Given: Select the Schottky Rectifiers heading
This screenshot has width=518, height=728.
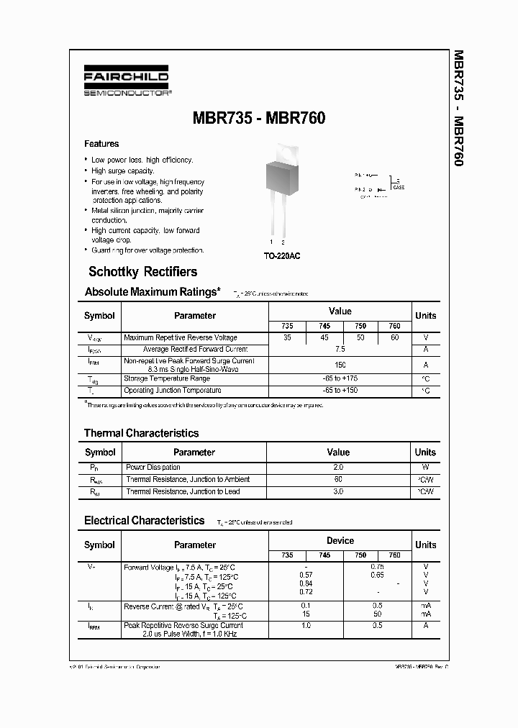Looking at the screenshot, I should pos(142,272).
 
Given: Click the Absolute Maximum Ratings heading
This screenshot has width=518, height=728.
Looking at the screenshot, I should pos(152,292).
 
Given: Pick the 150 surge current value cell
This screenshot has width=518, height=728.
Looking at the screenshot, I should pos(340,365).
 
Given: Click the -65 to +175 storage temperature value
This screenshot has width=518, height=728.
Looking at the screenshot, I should pos(340,378).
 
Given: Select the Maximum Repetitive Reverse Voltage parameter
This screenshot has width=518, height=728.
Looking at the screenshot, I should pos(180,337).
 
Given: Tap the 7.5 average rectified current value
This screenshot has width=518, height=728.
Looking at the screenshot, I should pos(340,349).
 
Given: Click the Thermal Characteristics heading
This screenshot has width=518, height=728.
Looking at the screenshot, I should pos(141,433).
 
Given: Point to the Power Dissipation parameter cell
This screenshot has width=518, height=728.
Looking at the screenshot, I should pos(153,468).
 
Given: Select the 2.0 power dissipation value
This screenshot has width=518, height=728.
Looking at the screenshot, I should pos(338,468).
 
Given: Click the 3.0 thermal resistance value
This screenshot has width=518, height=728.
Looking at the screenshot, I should pos(338,492).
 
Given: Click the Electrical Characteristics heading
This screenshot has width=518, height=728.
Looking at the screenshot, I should pos(144,520).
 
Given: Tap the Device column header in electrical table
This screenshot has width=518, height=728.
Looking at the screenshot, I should pos(340,541).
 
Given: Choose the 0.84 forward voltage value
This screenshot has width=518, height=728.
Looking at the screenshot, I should pos(305,583).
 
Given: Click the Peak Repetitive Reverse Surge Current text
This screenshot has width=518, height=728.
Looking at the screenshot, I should pos(183,625).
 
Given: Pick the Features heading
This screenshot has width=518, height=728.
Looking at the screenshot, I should pos(101,144).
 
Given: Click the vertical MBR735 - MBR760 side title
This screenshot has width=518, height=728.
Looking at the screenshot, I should pos(458,108).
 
